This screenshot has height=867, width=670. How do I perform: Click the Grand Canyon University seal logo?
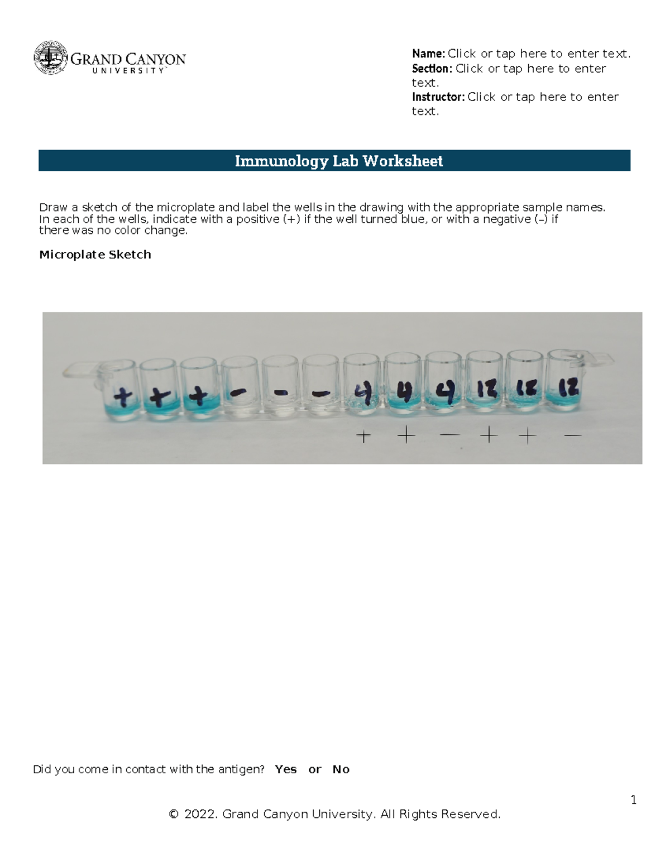point(51,58)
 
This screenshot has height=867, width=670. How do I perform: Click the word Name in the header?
point(428,54)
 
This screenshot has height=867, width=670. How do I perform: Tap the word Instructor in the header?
point(438,97)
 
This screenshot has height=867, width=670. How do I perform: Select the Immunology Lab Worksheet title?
point(338,161)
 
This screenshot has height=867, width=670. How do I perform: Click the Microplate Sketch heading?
point(95,255)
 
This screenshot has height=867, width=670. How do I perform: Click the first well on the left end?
point(119,390)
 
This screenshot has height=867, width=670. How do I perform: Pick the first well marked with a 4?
point(362,390)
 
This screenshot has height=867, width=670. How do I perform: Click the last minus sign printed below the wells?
point(573,435)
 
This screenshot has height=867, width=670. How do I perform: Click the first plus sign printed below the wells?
point(363,436)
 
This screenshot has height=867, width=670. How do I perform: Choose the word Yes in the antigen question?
point(286,769)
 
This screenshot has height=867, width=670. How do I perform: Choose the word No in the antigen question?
point(341,769)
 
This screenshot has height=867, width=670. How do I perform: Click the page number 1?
point(634,800)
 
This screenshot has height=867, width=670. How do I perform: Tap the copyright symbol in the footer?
point(174,815)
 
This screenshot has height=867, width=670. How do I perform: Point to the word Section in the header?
point(431,69)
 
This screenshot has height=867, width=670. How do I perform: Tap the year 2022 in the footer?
point(199,815)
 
